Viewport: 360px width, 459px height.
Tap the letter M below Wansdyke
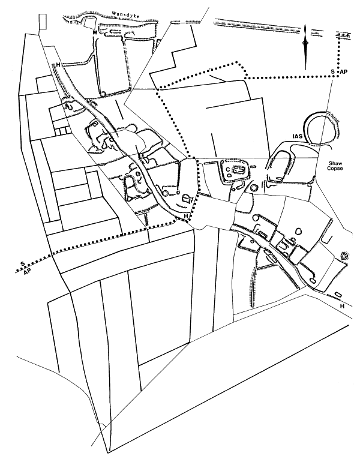pos(95,32)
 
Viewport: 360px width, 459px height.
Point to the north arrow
pos(305,47)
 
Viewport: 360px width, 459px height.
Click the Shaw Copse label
pos(335,166)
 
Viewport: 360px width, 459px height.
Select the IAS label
pos(298,136)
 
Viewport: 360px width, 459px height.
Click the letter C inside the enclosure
pos(227,169)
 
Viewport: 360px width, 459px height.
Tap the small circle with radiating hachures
pos(344,256)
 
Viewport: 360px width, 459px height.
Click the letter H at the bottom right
pos(342,306)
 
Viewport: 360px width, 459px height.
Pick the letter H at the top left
pos(58,65)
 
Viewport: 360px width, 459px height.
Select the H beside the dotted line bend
pos(185,216)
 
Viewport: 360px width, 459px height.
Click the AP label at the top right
pos(344,72)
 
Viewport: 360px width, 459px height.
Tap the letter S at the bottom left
pos(22,264)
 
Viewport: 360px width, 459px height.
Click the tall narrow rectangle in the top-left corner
pos(43,22)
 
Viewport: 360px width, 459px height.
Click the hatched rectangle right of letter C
pos(240,170)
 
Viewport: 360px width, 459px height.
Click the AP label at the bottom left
pos(27,272)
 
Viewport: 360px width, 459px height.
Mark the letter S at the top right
pos(332,72)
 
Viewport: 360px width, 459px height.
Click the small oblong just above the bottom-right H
pos(338,294)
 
